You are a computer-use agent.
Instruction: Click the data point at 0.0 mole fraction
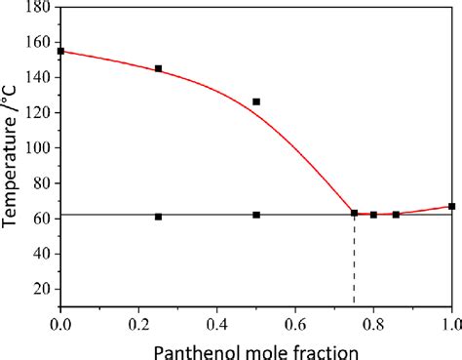click(x=61, y=52)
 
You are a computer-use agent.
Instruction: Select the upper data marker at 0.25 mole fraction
click(x=159, y=69)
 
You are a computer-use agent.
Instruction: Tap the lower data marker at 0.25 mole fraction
click(x=159, y=217)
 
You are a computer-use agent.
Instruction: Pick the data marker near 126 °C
click(x=256, y=101)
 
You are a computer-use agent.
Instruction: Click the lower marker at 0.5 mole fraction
click(x=256, y=215)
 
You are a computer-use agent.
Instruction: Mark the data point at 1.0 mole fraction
click(x=451, y=206)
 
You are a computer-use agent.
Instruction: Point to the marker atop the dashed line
click(x=354, y=213)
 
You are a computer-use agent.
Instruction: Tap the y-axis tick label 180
click(x=38, y=8)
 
